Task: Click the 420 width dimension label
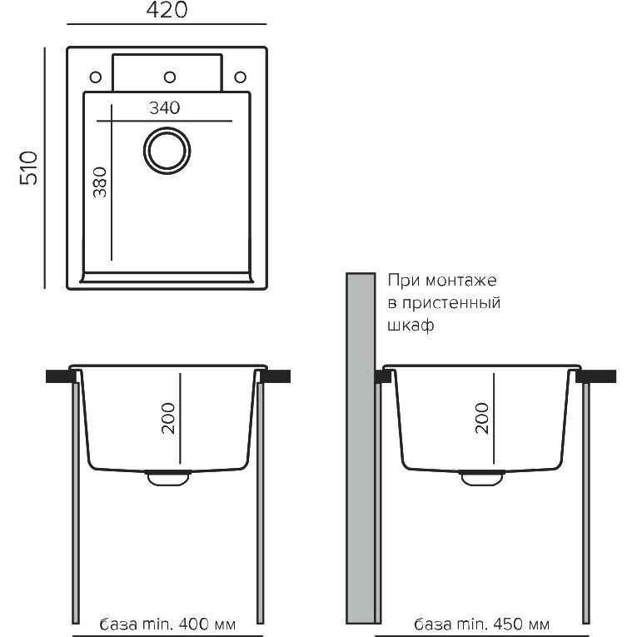(x=167, y=11)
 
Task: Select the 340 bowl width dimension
(x=166, y=107)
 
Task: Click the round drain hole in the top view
(x=167, y=151)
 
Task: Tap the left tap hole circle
(x=96, y=77)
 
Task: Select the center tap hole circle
(x=169, y=77)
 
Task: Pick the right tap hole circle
(x=241, y=77)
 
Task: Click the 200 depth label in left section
(x=167, y=417)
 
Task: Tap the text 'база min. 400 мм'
(x=167, y=625)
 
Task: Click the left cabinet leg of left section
(x=77, y=500)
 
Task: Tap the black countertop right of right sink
(x=597, y=376)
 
